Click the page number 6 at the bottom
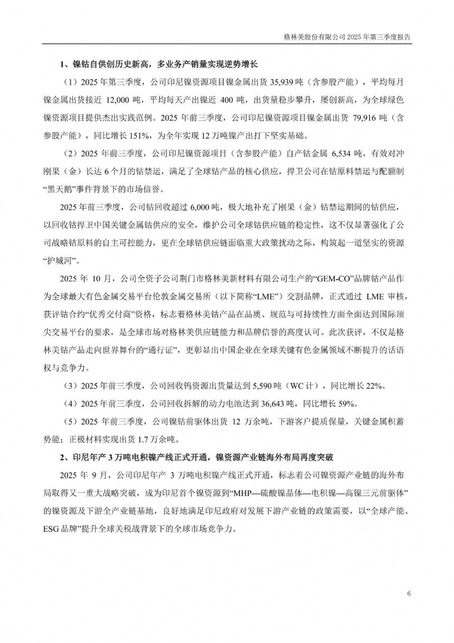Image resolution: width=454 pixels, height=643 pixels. click(409, 593)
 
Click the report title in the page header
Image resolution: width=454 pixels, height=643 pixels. click(346, 38)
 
